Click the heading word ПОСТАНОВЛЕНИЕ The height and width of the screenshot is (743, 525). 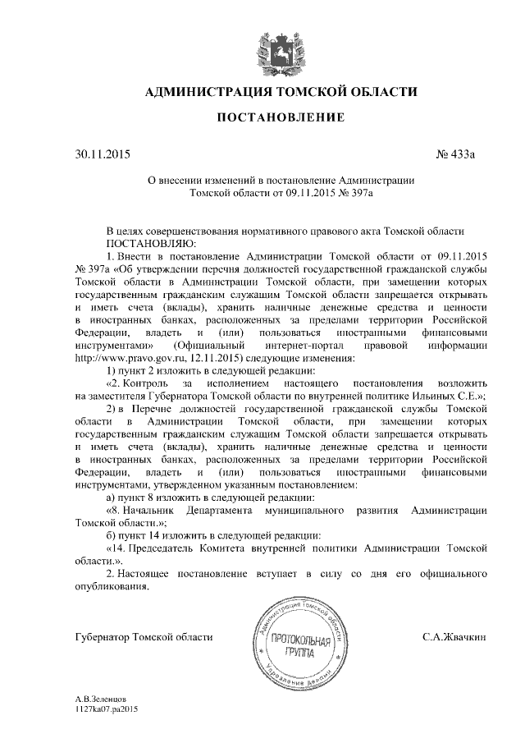pos(280,118)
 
